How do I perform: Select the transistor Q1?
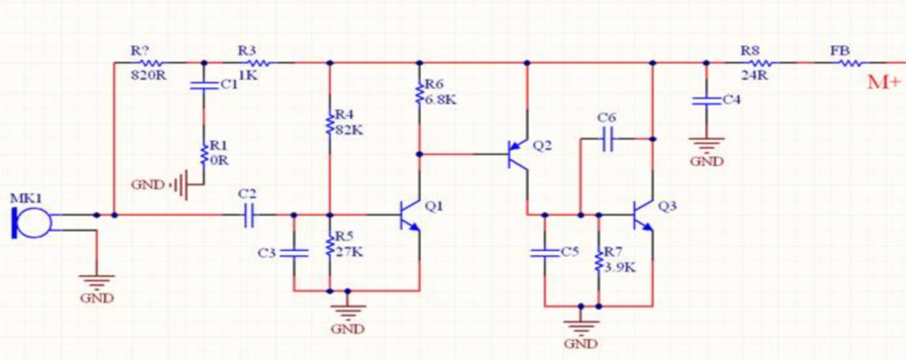[x=410, y=216]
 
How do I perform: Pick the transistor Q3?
[x=644, y=215]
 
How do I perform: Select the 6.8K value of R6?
[x=441, y=99]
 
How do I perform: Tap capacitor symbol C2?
[x=247, y=216]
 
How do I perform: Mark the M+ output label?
[x=886, y=83]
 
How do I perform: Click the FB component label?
[x=840, y=50]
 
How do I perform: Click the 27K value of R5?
[x=350, y=252]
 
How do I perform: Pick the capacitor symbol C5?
[x=545, y=251]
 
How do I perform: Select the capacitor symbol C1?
[x=204, y=85]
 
